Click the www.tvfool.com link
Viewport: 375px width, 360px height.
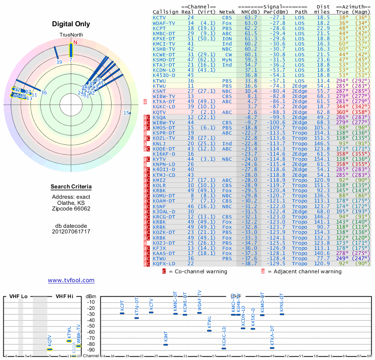pos(71,280)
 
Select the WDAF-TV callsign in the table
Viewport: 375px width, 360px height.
pos(164,22)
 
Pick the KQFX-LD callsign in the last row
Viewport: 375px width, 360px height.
pos(164,264)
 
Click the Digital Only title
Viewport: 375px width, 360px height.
pos(71,24)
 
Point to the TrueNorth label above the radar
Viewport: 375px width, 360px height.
pos(71,35)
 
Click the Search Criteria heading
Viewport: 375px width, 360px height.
pos(71,187)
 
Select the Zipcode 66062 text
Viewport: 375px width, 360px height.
pos(71,209)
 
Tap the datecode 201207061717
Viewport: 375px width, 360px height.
pos(71,232)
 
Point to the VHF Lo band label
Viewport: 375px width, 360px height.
pos(18,297)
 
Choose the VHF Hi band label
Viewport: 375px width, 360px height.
pos(65,297)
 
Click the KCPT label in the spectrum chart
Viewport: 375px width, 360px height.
pos(122,306)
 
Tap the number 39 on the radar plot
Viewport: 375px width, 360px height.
pos(59,61)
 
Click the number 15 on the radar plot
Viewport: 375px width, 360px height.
pos(126,112)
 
